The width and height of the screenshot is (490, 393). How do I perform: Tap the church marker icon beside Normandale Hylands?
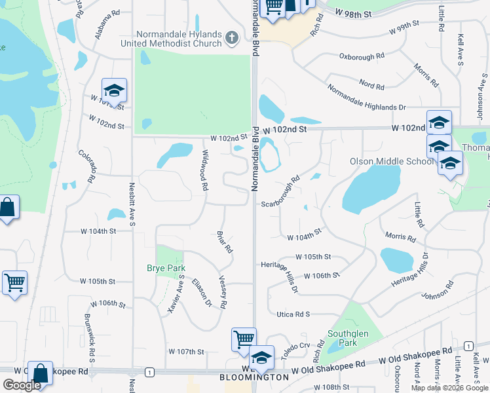[x=231, y=39]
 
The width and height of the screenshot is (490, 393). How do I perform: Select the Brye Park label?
[x=166, y=268]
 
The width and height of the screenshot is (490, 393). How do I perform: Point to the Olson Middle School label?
[x=392, y=161]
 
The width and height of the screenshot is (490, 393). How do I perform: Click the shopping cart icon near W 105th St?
[x=14, y=284]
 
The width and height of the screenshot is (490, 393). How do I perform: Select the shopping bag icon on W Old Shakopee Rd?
[x=40, y=373]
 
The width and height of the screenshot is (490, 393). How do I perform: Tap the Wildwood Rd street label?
[x=205, y=170]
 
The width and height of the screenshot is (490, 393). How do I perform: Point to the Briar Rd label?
[x=225, y=242]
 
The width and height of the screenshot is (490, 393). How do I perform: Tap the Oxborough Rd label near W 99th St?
[x=361, y=57]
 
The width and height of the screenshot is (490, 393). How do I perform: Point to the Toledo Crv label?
[x=296, y=347]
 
